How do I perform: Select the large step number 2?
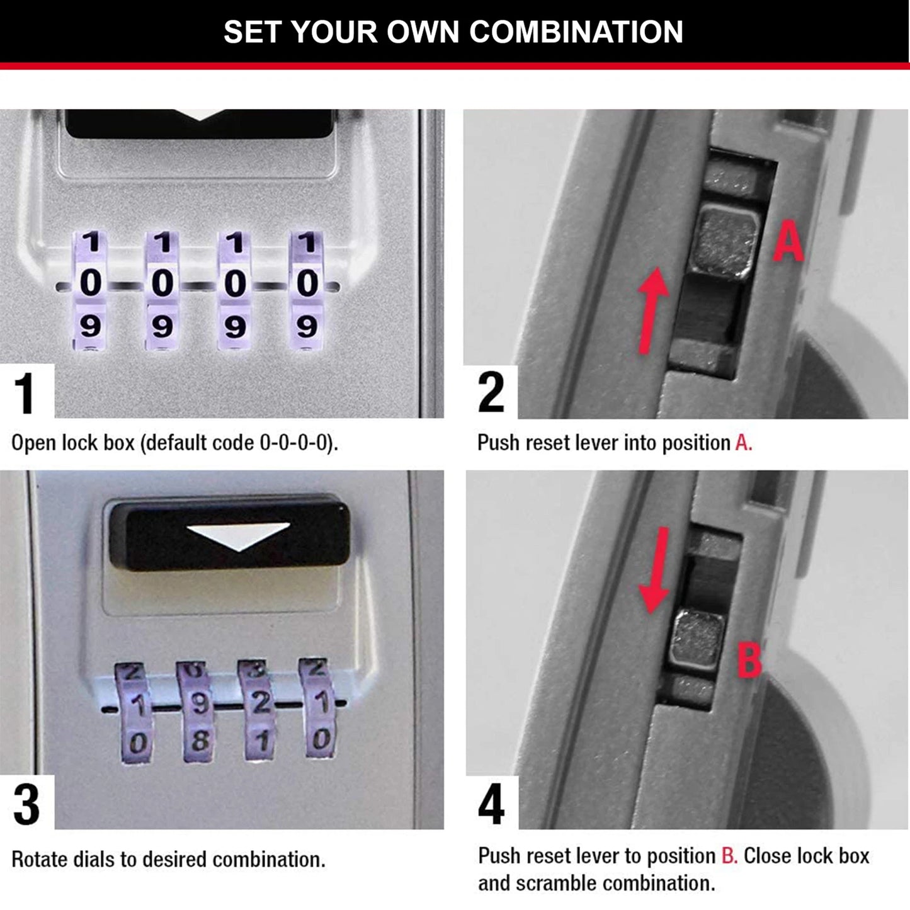491,392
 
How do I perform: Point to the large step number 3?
26,804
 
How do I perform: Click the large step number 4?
491,804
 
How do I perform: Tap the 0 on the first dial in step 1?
91,283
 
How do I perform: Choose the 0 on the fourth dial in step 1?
307,283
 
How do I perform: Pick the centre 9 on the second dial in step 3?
199,703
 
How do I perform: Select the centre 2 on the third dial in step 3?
261,703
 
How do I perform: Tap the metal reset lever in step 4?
697,639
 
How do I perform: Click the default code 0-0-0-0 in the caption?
295,443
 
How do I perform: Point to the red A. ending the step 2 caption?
744,443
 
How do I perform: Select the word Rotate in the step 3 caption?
40,860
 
